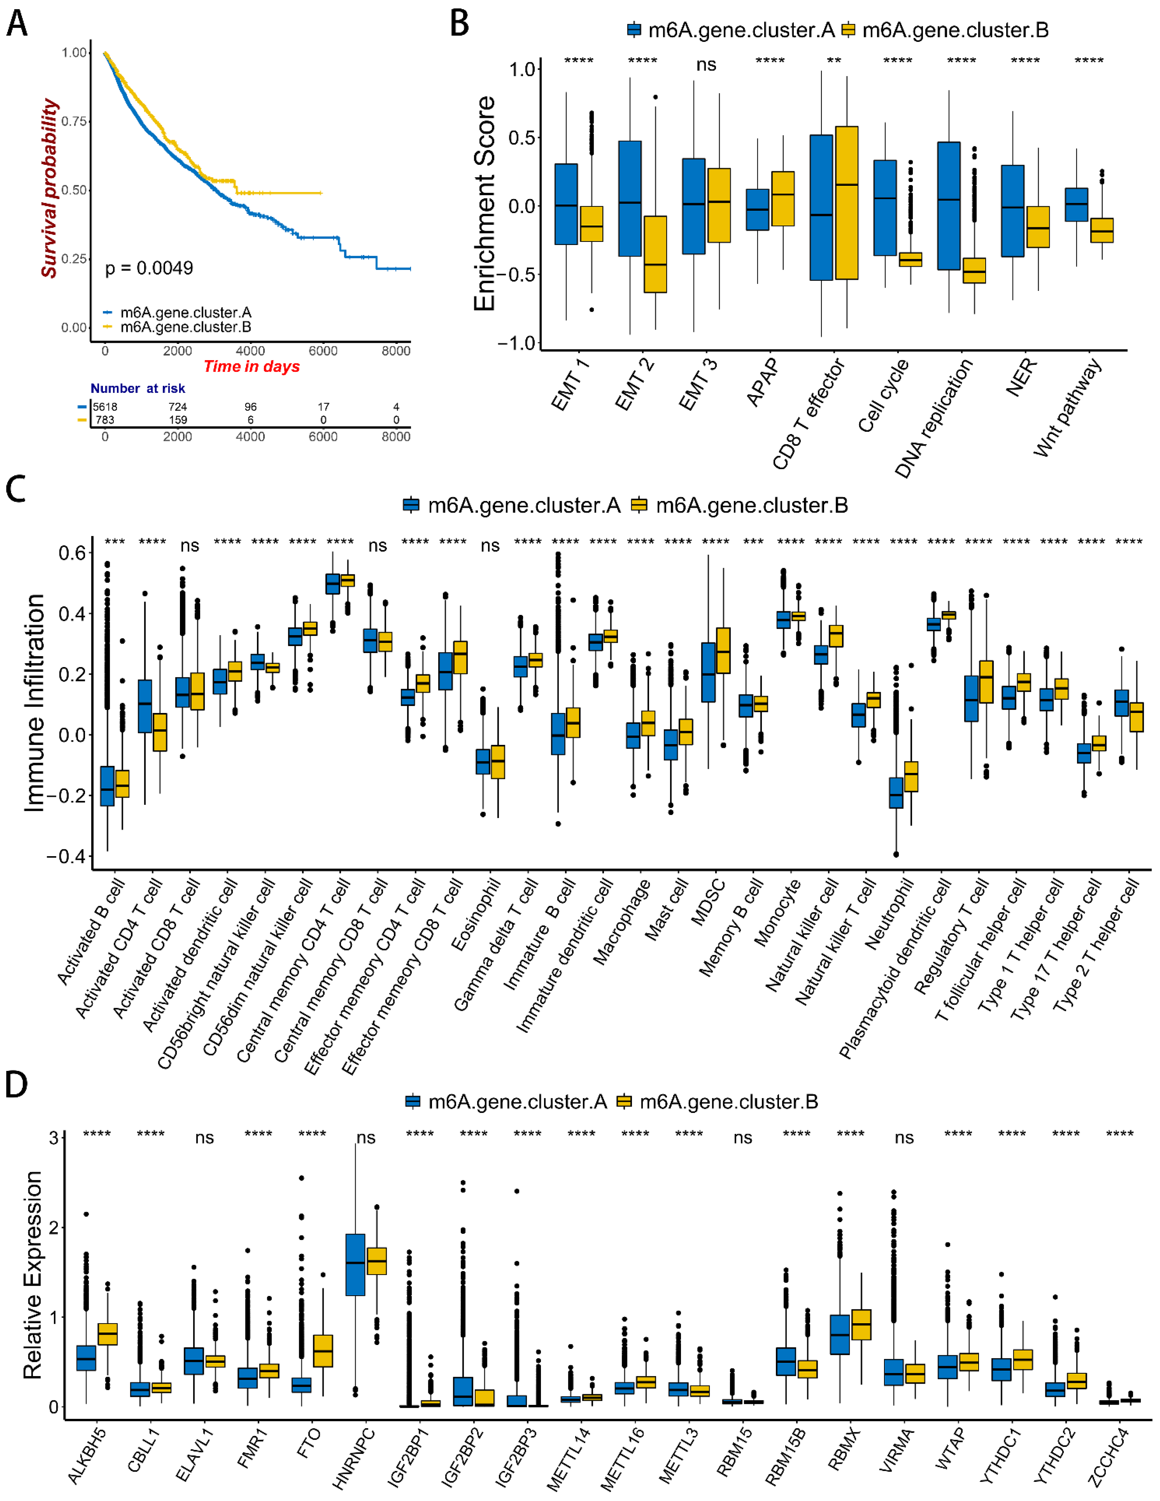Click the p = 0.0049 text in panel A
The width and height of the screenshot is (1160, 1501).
click(149, 268)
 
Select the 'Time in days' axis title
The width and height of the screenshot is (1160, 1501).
click(252, 366)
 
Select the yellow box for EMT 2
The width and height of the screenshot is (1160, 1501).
click(655, 254)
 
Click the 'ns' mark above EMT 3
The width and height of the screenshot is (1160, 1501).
click(706, 65)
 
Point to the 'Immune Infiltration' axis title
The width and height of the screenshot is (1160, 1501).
click(34, 702)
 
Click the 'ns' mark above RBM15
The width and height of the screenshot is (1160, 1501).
click(743, 1137)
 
